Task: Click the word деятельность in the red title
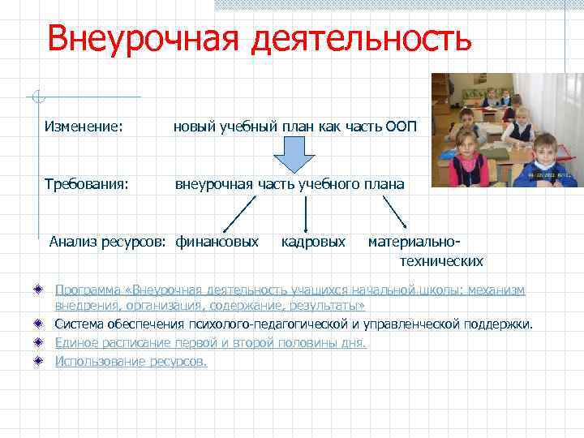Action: coord(361,38)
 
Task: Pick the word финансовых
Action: coord(217,242)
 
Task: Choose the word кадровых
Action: coord(313,242)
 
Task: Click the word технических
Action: coord(441,261)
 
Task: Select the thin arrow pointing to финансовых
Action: coord(240,213)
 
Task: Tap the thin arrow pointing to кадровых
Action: coord(306,213)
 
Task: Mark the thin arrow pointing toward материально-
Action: coord(396,213)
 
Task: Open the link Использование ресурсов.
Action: coord(131,361)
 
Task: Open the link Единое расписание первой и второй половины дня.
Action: coord(210,342)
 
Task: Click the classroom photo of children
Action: coord(506,130)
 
